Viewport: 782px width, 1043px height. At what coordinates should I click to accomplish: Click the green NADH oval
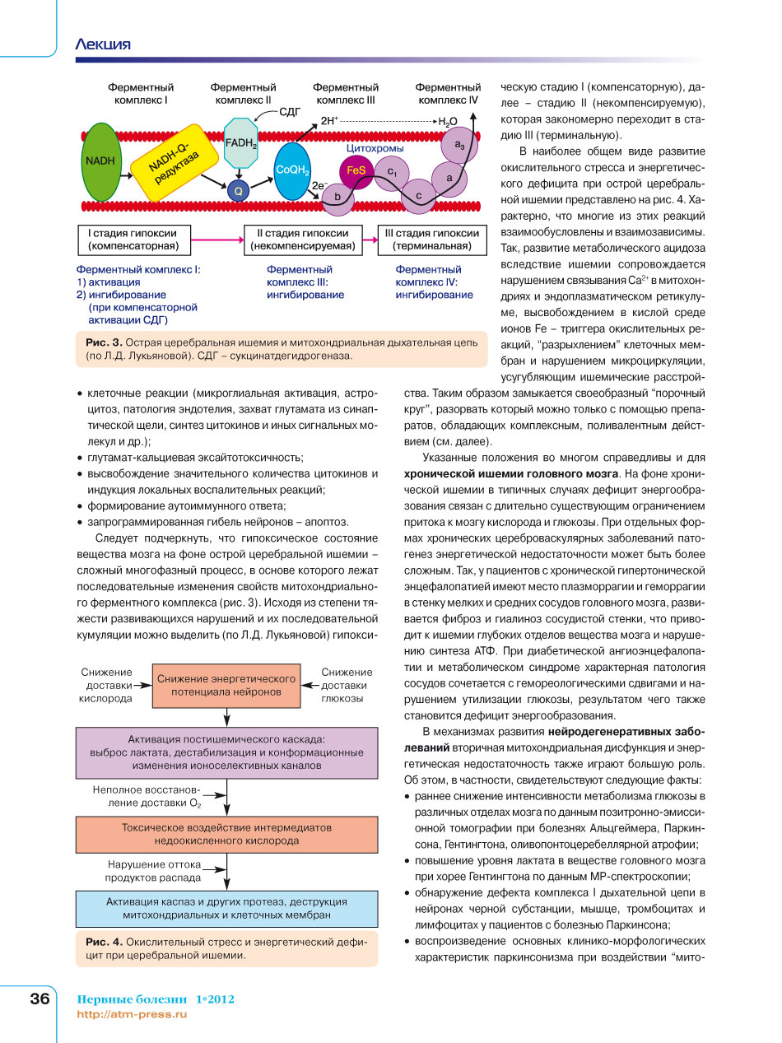tap(100, 161)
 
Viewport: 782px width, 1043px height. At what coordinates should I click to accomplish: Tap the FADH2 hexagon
tap(241, 141)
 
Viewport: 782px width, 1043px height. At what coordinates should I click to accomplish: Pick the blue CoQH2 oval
tap(292, 170)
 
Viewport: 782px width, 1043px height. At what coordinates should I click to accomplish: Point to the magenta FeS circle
tap(356, 170)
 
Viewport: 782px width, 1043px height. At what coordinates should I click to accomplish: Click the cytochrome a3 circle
tap(458, 146)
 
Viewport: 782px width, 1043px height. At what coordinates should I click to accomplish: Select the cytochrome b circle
tap(336, 197)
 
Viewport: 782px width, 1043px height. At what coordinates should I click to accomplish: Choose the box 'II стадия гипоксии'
tap(302, 239)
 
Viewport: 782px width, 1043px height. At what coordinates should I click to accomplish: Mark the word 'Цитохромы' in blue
tap(375, 149)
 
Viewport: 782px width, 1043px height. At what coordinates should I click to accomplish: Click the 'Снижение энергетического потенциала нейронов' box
tap(226, 685)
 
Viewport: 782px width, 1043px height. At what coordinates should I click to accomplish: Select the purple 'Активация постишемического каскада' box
tap(226, 752)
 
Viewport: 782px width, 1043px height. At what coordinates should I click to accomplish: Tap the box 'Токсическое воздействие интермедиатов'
tap(226, 834)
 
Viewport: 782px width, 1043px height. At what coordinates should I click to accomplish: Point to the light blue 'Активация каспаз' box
tap(226, 908)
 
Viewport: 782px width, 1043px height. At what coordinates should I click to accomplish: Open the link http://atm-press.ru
tap(132, 1014)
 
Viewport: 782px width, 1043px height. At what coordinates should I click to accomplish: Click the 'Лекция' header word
tap(103, 44)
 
